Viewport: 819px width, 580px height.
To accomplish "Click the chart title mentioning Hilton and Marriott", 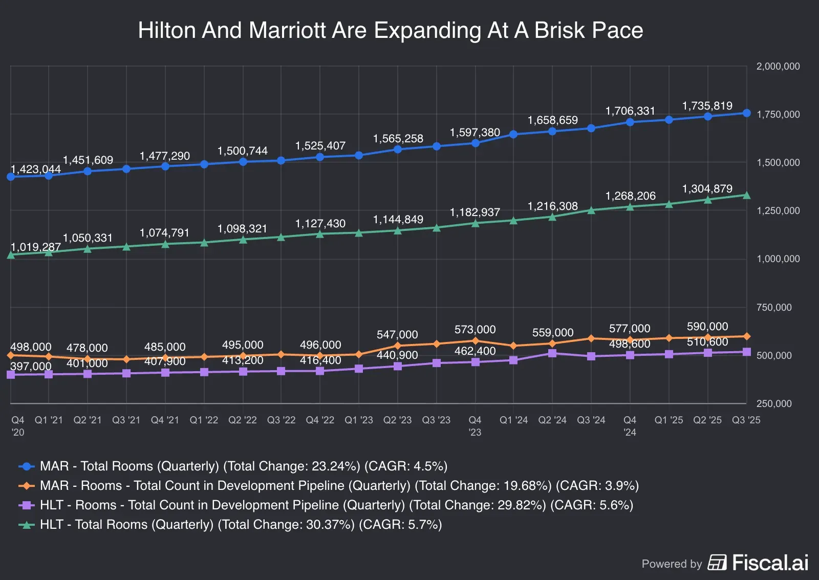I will (x=390, y=30).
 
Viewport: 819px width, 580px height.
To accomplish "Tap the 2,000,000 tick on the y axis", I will (x=778, y=67).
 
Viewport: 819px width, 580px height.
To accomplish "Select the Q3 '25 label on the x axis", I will (x=746, y=420).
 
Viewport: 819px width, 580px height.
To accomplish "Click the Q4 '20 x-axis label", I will (x=17, y=426).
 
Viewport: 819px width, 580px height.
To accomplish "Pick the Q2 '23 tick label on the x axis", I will (x=397, y=420).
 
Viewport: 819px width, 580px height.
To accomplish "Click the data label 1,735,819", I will (x=707, y=106).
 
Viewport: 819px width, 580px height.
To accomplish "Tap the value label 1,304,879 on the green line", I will (x=707, y=189).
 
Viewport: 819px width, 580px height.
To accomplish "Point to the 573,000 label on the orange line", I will (x=475, y=330).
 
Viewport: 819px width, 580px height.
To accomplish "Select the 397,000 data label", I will (x=31, y=367).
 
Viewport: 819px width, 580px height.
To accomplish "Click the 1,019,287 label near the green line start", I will (x=35, y=247).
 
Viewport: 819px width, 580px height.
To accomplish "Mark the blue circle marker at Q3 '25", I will (x=746, y=113).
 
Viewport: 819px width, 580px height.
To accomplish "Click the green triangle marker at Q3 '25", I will (x=746, y=195).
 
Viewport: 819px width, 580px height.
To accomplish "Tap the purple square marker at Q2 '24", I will (x=552, y=353).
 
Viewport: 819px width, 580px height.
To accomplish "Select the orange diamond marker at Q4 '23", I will (x=475, y=341).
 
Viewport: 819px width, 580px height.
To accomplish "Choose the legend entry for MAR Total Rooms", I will (x=243, y=466).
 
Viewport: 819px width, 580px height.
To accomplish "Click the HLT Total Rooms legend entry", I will (x=241, y=525).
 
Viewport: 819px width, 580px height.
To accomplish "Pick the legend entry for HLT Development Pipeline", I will (x=336, y=505).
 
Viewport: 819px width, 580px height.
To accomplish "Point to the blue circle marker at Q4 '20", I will (x=11, y=177).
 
